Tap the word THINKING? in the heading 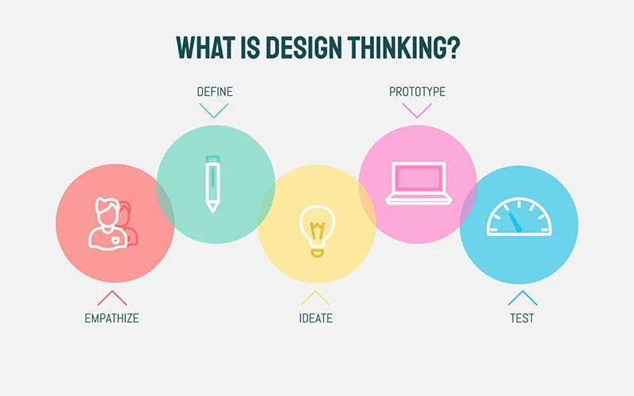(x=403, y=48)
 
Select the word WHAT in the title (x=205, y=48)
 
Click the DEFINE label (x=215, y=92)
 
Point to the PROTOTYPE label (x=418, y=92)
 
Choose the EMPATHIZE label (x=112, y=318)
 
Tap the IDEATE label (x=315, y=318)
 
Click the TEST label (x=522, y=318)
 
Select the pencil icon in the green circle (x=212, y=184)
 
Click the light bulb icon (x=317, y=230)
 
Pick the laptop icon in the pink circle (x=418, y=183)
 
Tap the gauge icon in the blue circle (x=519, y=216)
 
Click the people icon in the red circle (x=113, y=224)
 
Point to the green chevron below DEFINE (x=213, y=110)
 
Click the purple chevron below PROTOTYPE (x=417, y=110)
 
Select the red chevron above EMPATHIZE (x=112, y=298)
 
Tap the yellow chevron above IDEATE (x=315, y=298)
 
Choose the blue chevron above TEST (x=522, y=298)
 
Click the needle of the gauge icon (x=516, y=223)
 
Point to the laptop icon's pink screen (x=418, y=178)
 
